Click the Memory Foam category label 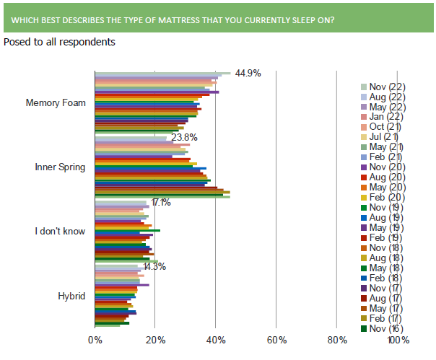click(x=56, y=102)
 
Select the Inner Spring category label click(x=61, y=167)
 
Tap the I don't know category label click(x=60, y=232)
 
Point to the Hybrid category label click(x=71, y=296)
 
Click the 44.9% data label click(x=246, y=73)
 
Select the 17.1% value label click(x=161, y=202)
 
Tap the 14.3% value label click(x=154, y=266)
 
